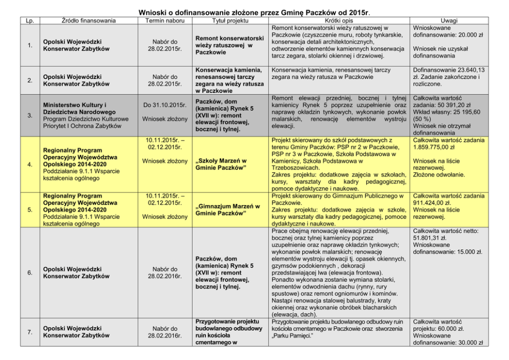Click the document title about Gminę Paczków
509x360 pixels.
(x=254, y=11)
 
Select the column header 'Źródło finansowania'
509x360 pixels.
(x=81, y=21)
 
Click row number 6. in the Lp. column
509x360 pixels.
(x=30, y=272)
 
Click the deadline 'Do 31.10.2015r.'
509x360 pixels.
(x=164, y=105)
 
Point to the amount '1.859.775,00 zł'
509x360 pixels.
(x=437, y=147)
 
